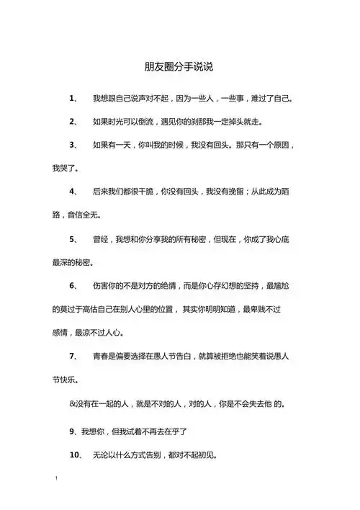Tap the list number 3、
click(74, 145)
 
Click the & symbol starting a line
click(72, 403)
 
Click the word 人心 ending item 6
click(114, 333)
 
